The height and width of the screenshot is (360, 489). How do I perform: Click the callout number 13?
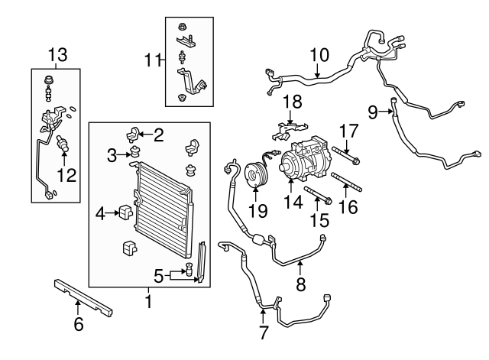(57, 55)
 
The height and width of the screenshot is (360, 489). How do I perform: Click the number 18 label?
(292, 102)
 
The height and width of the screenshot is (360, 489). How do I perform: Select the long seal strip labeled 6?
(84, 298)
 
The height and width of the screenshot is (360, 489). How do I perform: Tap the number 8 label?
(300, 286)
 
